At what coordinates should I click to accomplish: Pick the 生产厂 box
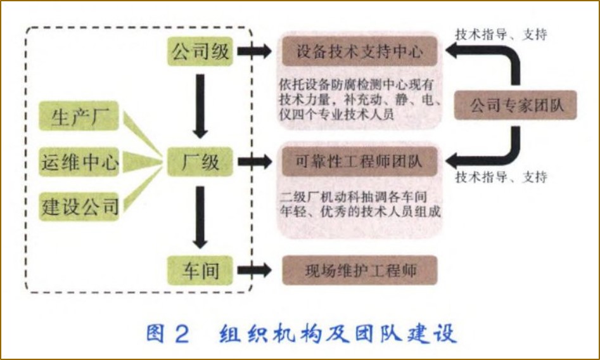[x=79, y=119]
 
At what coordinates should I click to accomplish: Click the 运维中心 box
[x=79, y=162]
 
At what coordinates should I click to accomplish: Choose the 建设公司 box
[x=79, y=206]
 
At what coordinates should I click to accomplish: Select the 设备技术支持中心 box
[x=359, y=52]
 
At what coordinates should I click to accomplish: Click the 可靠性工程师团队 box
[x=359, y=163]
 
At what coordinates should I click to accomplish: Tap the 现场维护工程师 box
[x=359, y=271]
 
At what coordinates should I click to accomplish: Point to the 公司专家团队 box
[x=517, y=106]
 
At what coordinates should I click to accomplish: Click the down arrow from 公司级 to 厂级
[x=200, y=105]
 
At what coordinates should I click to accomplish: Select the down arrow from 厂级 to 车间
[x=200, y=216]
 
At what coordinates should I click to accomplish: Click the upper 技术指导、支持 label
[x=501, y=35]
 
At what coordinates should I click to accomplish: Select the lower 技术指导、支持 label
[x=501, y=177]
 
